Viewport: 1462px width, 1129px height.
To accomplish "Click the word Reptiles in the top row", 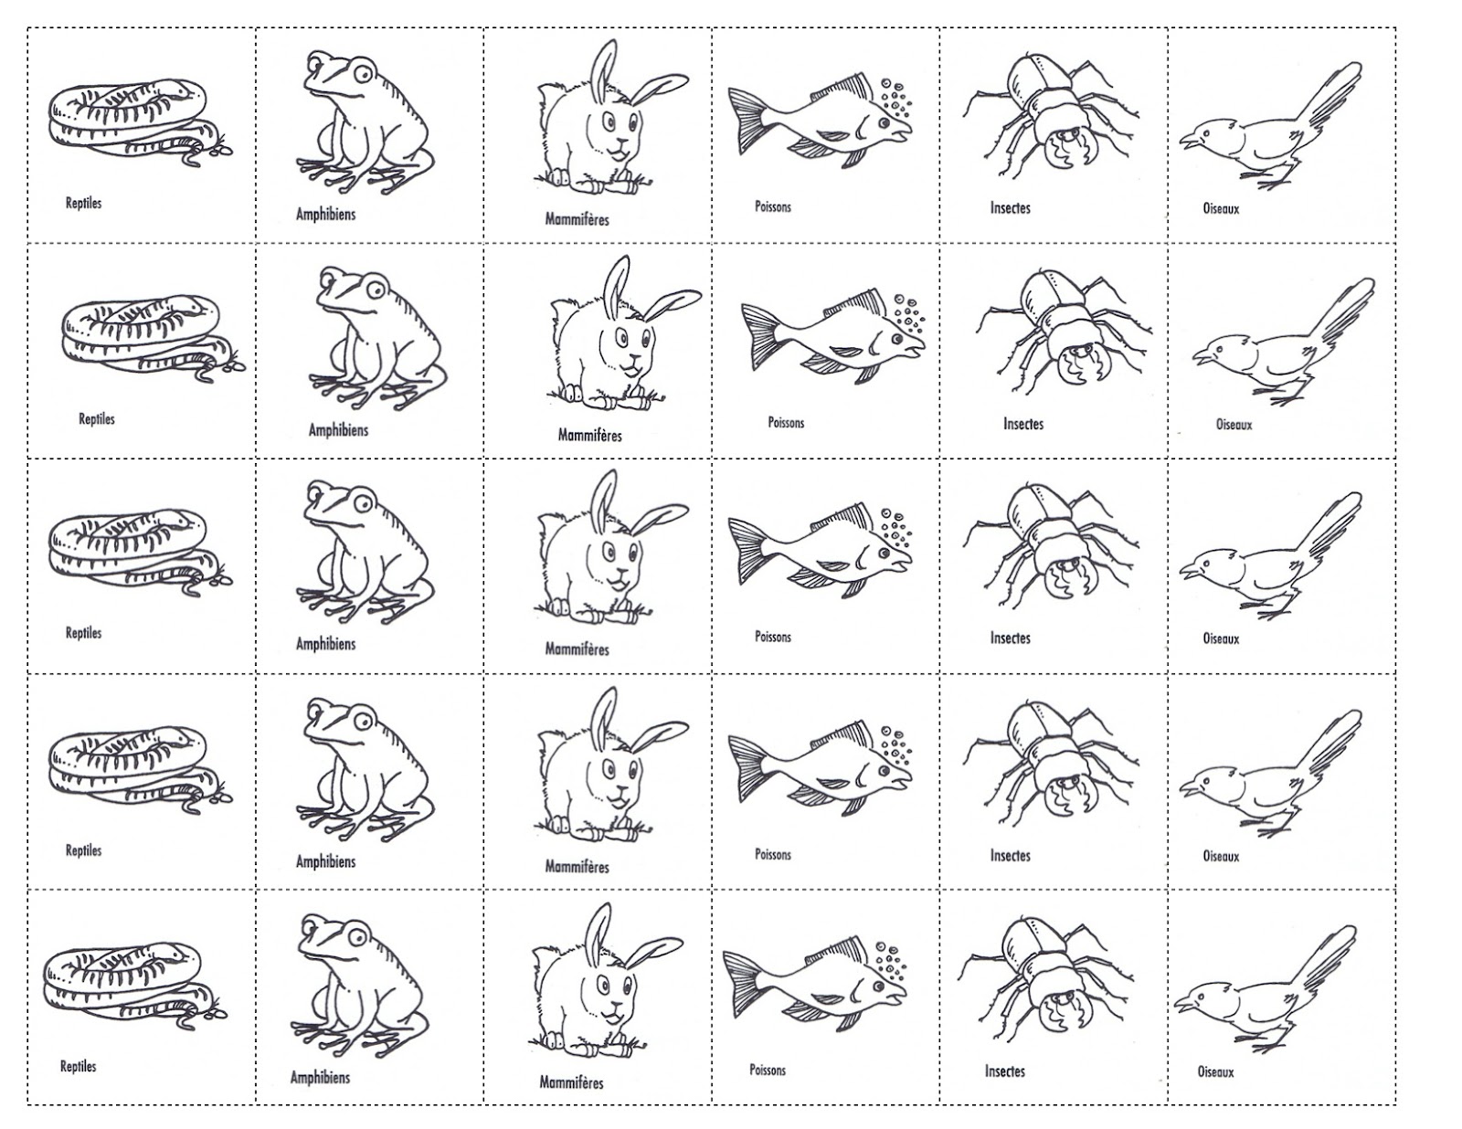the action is coord(83,203).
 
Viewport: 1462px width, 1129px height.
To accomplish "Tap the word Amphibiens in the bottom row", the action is coord(320,1077).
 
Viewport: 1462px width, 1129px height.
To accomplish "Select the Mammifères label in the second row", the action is coord(590,435).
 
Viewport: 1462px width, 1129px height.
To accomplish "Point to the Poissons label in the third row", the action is coord(773,636).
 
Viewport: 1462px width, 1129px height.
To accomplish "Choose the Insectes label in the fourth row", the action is coord(1011,855).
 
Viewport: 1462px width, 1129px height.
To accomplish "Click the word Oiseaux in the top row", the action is coord(1221,208).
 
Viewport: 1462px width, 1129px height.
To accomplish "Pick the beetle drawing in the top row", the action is coord(1050,117).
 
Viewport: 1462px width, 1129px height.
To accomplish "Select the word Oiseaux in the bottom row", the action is coord(1216,1071).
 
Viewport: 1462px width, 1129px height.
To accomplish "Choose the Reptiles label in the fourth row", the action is coord(83,849).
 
